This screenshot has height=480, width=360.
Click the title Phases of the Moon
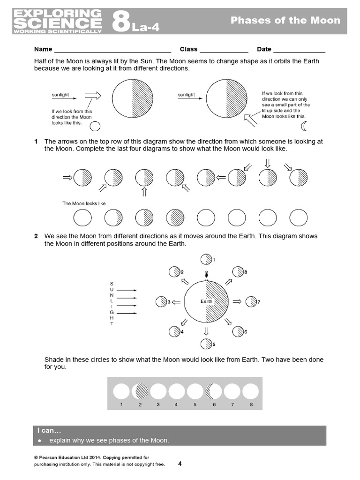(285, 20)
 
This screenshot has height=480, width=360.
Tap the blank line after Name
(112, 50)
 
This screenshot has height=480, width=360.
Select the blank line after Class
(224, 50)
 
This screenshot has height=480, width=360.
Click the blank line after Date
(299, 50)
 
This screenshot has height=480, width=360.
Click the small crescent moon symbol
(304, 126)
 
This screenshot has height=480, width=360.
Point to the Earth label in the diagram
(206, 301)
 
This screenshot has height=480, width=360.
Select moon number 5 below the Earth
(206, 344)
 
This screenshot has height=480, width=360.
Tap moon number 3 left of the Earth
(162, 302)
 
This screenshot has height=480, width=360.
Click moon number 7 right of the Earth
(251, 301)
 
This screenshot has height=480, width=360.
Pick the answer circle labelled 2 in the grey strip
(140, 391)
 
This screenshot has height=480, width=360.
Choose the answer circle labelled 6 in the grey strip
(214, 391)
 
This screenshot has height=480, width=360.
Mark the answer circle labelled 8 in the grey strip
(251, 391)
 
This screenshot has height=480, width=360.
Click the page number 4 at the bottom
(180, 464)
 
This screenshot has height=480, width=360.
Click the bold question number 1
(36, 142)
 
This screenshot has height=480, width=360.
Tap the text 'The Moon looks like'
(84, 203)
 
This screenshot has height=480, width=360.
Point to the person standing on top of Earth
(206, 275)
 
